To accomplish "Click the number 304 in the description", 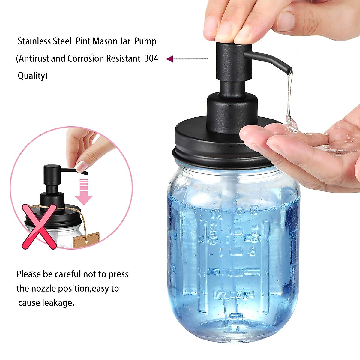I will pyautogui.click(x=151, y=58).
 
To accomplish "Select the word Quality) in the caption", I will pyautogui.click(x=32, y=76).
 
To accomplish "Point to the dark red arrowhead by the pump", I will pyautogui.click(x=170, y=59).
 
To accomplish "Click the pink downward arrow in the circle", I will pyautogui.click(x=84, y=192).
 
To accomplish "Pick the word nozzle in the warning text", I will pyautogui.click(x=43, y=288).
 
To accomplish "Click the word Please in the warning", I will pyautogui.click(x=29, y=274).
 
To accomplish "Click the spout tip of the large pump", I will pyautogui.click(x=289, y=71).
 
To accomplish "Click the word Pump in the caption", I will pyautogui.click(x=145, y=41).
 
